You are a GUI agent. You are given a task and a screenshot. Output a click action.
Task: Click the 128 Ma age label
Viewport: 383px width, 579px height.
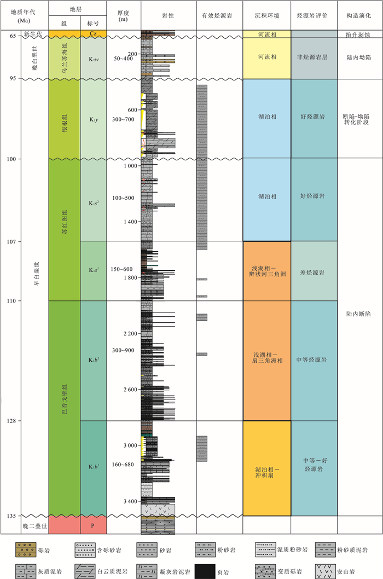tap(10, 421)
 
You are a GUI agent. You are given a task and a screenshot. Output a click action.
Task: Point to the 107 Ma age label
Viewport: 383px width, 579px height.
tap(10, 241)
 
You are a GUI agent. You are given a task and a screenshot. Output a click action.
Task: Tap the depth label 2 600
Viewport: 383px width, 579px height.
tap(131, 389)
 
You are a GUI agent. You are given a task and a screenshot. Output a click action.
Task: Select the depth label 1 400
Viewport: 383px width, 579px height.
tap(131, 222)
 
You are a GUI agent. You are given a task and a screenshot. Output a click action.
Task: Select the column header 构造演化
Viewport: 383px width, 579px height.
tap(359, 16)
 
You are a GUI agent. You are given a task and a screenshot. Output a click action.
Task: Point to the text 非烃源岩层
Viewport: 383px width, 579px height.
tap(314, 57)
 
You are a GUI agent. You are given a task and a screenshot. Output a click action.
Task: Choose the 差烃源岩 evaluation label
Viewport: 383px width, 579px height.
tap(314, 272)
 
